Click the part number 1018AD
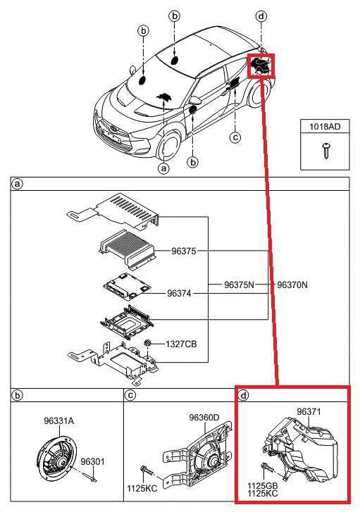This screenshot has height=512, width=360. click(325, 127)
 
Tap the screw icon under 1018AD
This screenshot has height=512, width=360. click(325, 149)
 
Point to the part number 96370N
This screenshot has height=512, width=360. click(292, 285)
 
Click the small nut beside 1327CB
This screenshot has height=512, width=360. click(149, 343)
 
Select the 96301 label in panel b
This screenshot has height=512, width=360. click(92, 461)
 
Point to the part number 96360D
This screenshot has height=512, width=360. click(204, 418)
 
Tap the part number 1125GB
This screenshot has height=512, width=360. click(263, 486)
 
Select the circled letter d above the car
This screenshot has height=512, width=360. click(261, 15)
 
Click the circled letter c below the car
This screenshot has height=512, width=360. click(235, 137)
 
